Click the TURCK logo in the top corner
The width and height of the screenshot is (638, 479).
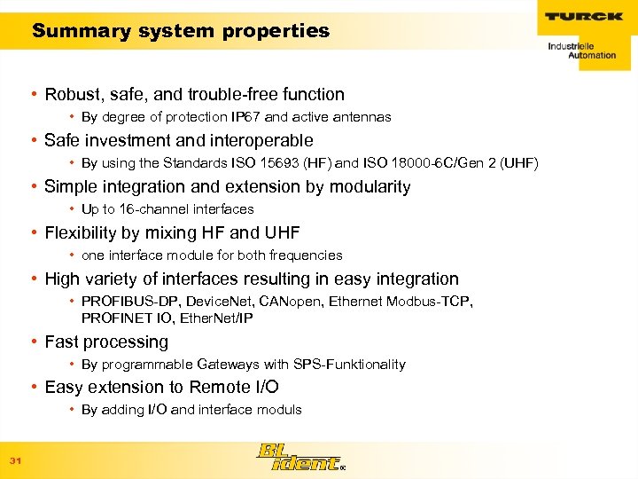(582, 16)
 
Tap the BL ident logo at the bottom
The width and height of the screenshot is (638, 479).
(299, 456)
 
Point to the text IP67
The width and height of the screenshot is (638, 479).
(244, 117)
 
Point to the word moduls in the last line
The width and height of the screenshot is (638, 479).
(277, 410)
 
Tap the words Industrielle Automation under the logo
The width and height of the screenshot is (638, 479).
(581, 51)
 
